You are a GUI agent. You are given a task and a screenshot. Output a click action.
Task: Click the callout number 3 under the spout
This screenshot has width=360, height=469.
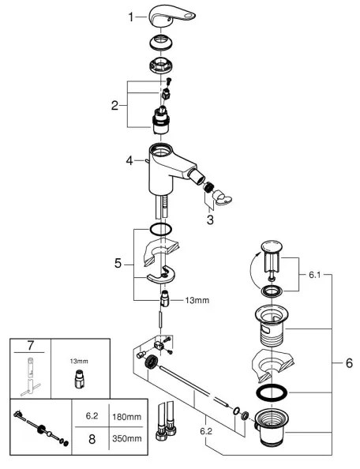(x=209, y=220)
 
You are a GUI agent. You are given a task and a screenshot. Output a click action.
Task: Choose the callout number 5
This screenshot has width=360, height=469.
(x=118, y=264)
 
